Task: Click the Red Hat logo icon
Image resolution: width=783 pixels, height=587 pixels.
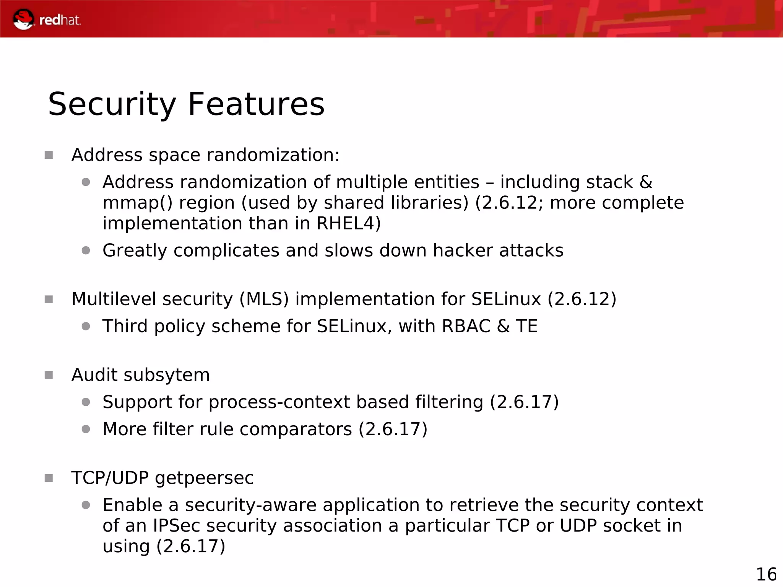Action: click(x=23, y=20)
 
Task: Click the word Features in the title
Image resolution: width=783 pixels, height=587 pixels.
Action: click(x=256, y=104)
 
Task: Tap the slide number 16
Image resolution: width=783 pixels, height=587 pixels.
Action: click(x=766, y=574)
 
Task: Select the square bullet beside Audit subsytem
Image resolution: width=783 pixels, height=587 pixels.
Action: click(x=49, y=375)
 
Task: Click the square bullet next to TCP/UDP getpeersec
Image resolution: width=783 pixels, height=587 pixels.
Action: click(x=49, y=478)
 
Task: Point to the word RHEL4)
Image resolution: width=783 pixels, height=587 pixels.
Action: click(x=349, y=223)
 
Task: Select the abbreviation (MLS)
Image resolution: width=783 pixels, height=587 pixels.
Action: click(x=264, y=299)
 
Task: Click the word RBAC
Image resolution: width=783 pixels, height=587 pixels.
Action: click(x=466, y=326)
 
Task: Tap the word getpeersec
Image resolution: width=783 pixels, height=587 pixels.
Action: click(x=204, y=478)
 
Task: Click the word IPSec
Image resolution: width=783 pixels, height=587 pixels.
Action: click(x=176, y=526)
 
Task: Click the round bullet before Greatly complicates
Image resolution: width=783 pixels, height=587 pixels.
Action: click(x=86, y=251)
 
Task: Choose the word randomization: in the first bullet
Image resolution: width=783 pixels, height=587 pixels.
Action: click(x=273, y=155)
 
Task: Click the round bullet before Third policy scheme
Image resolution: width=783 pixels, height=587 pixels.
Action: click(x=86, y=326)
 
